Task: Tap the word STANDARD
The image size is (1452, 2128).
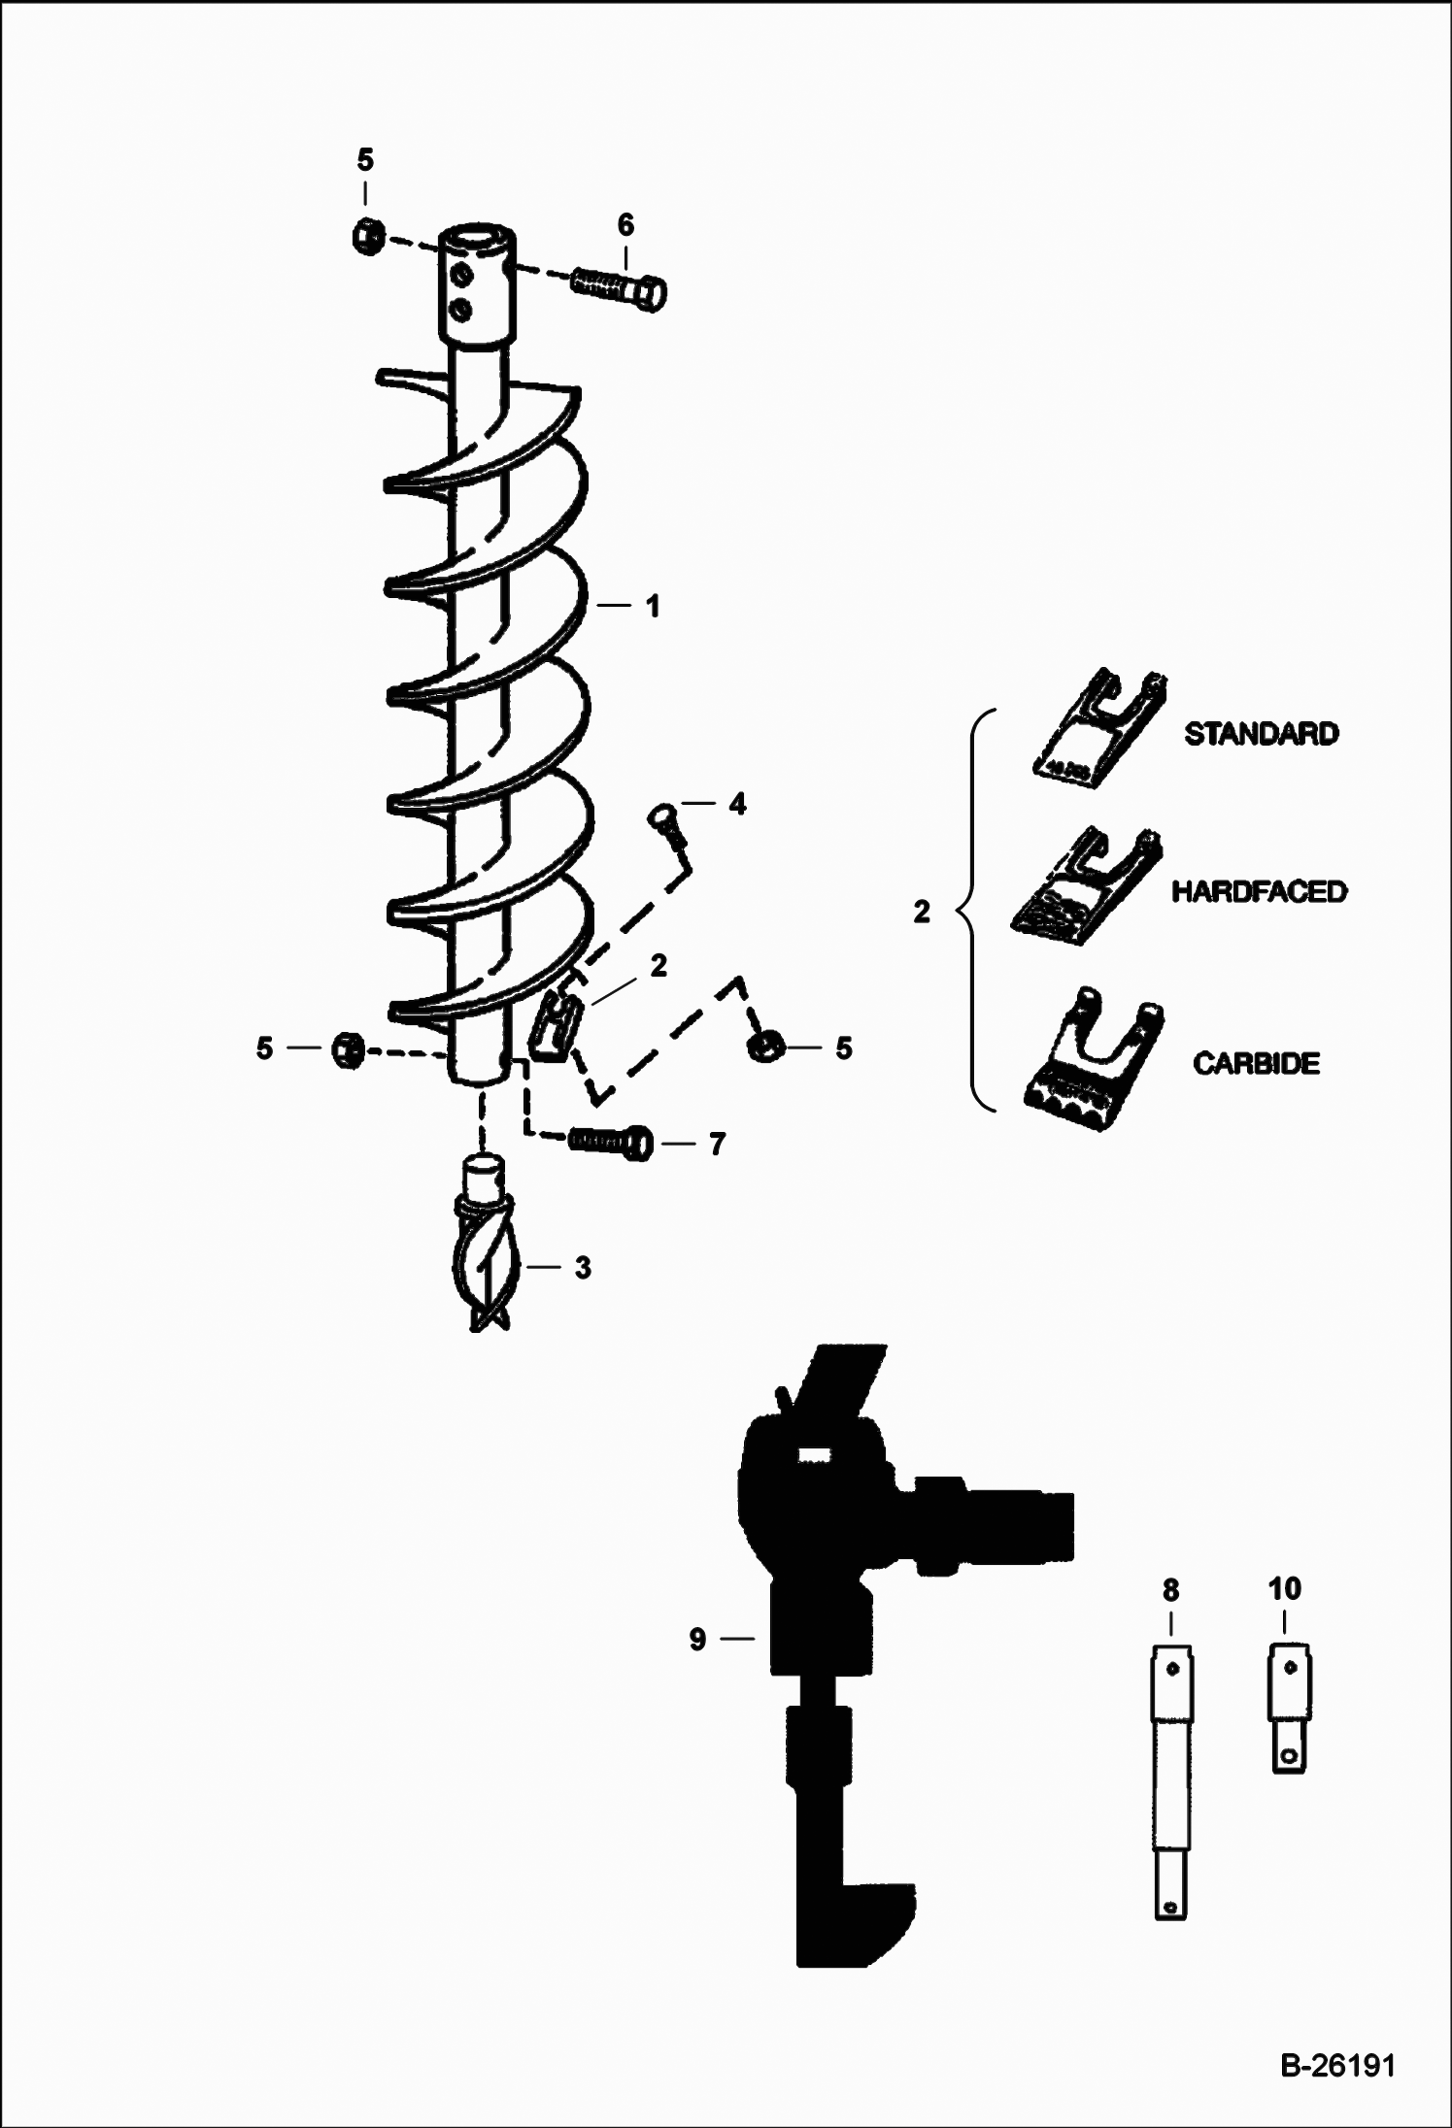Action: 1261,733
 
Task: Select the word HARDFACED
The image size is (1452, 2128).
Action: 1259,891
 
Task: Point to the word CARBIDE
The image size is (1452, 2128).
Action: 1256,1063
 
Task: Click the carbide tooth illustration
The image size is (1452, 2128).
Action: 1094,1061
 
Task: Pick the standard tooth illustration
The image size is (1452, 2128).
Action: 1097,726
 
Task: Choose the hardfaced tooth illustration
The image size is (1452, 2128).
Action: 1086,885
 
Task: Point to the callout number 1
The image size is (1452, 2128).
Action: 653,606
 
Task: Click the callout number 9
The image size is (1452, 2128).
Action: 697,1639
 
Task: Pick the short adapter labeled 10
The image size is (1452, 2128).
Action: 1289,1708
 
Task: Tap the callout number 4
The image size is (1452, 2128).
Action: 738,804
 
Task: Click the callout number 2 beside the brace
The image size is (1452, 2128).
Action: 922,912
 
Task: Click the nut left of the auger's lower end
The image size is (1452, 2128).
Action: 347,1050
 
